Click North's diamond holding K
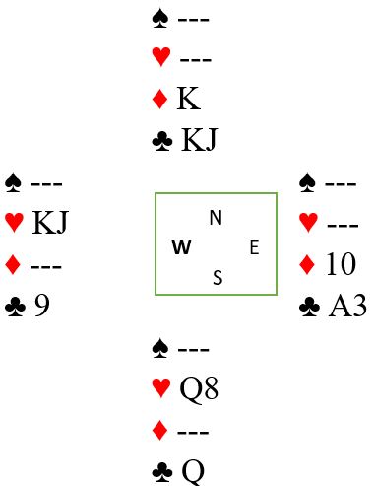pos(189,99)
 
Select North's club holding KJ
pos(199,140)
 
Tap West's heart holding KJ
pos(50,223)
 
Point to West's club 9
pos(42,306)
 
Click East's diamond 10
pos(341,263)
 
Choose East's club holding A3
pos(347,306)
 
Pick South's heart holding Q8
pos(199,388)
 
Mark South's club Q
pos(193,472)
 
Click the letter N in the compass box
pos(216,218)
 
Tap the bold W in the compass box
pos(181,246)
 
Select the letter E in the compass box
pos(255,247)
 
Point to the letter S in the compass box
pos(218,277)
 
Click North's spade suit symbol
pos(160,19)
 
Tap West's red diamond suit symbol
pos(13,265)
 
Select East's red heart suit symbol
pos(308,223)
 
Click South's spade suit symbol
pos(160,349)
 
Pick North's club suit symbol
pos(162,141)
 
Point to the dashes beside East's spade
pos(341,184)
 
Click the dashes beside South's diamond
pos(193,432)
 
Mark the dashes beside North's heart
pos(196,60)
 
